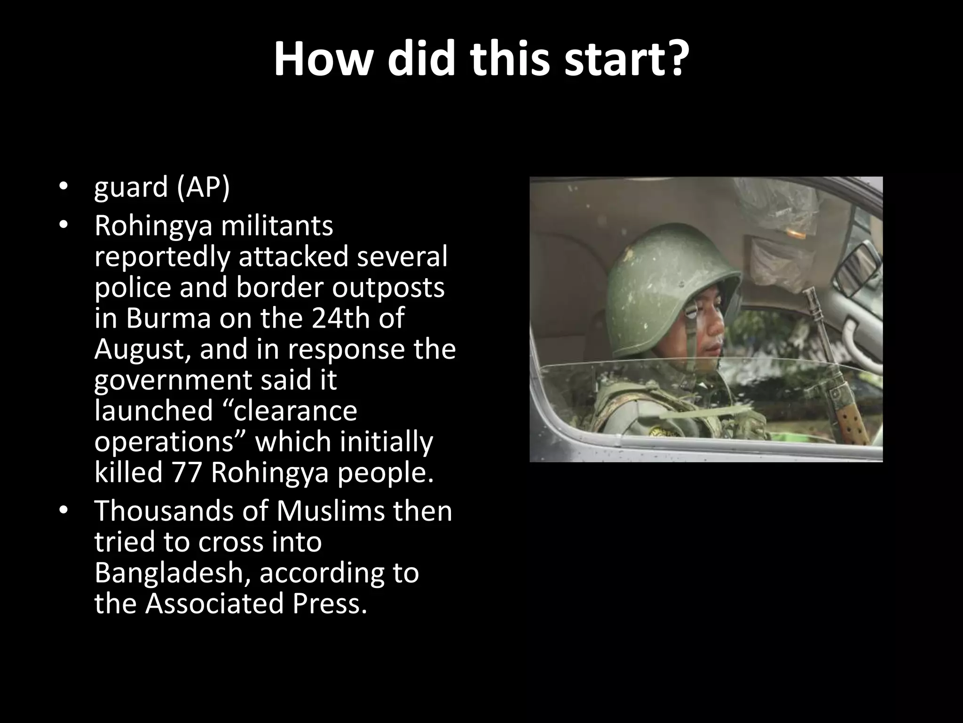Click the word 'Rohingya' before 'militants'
(153, 226)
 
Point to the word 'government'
(174, 380)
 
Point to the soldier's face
(705, 334)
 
